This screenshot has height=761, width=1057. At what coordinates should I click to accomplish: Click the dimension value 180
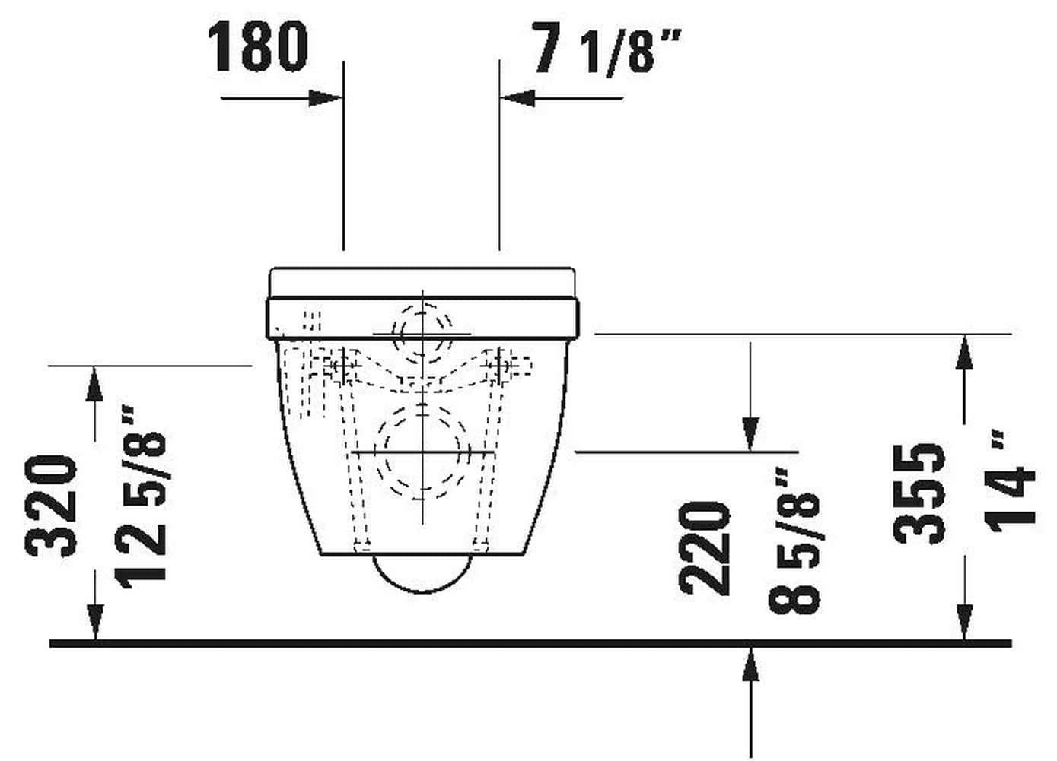click(259, 47)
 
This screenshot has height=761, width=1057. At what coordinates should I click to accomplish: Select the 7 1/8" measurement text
click(605, 50)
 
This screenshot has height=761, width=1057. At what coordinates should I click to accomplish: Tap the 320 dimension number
click(53, 505)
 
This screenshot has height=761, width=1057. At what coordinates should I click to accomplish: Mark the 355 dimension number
click(920, 494)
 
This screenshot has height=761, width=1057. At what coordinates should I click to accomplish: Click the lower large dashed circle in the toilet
click(421, 452)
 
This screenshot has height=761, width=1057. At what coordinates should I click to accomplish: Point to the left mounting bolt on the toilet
click(342, 366)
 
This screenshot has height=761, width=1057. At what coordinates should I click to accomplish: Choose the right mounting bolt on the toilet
click(502, 366)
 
